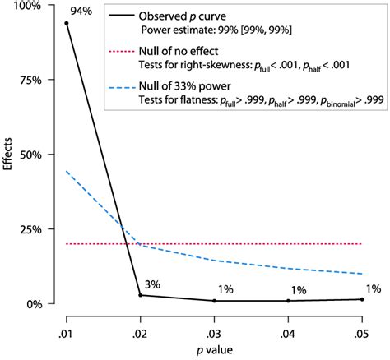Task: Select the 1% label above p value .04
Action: [298, 290]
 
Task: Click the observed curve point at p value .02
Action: [141, 295]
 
